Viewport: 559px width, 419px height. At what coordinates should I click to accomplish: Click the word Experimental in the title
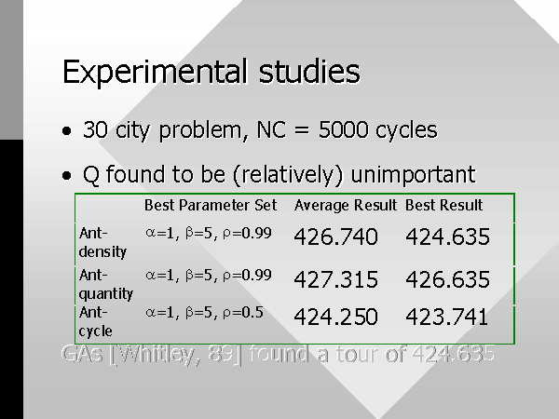tap(155, 73)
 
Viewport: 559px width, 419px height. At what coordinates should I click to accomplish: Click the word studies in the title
tap(309, 72)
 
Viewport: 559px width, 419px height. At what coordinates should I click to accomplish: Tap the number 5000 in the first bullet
tap(343, 129)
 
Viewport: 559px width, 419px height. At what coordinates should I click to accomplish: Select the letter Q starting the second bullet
tap(91, 175)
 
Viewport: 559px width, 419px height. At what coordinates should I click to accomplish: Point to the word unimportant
tap(413, 175)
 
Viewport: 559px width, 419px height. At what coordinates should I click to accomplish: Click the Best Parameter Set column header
tap(211, 205)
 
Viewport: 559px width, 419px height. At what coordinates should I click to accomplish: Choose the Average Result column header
tap(345, 206)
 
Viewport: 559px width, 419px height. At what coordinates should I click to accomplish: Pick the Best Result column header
tap(443, 205)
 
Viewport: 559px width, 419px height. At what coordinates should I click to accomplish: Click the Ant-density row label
tap(102, 242)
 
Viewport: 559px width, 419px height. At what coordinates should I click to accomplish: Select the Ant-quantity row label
tap(106, 284)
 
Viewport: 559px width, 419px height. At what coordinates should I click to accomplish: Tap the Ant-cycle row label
tap(96, 322)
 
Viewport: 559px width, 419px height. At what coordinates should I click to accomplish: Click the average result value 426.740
tap(335, 237)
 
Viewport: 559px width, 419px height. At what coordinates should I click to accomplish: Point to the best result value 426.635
tap(448, 279)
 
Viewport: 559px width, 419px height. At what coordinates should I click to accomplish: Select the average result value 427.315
tap(335, 279)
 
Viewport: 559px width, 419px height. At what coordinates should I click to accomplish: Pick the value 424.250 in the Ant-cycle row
tap(335, 317)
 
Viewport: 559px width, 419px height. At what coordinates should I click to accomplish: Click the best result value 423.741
tap(447, 317)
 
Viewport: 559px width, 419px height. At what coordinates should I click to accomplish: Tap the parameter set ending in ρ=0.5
tap(204, 313)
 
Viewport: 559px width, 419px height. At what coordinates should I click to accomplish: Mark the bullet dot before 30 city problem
tap(67, 130)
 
